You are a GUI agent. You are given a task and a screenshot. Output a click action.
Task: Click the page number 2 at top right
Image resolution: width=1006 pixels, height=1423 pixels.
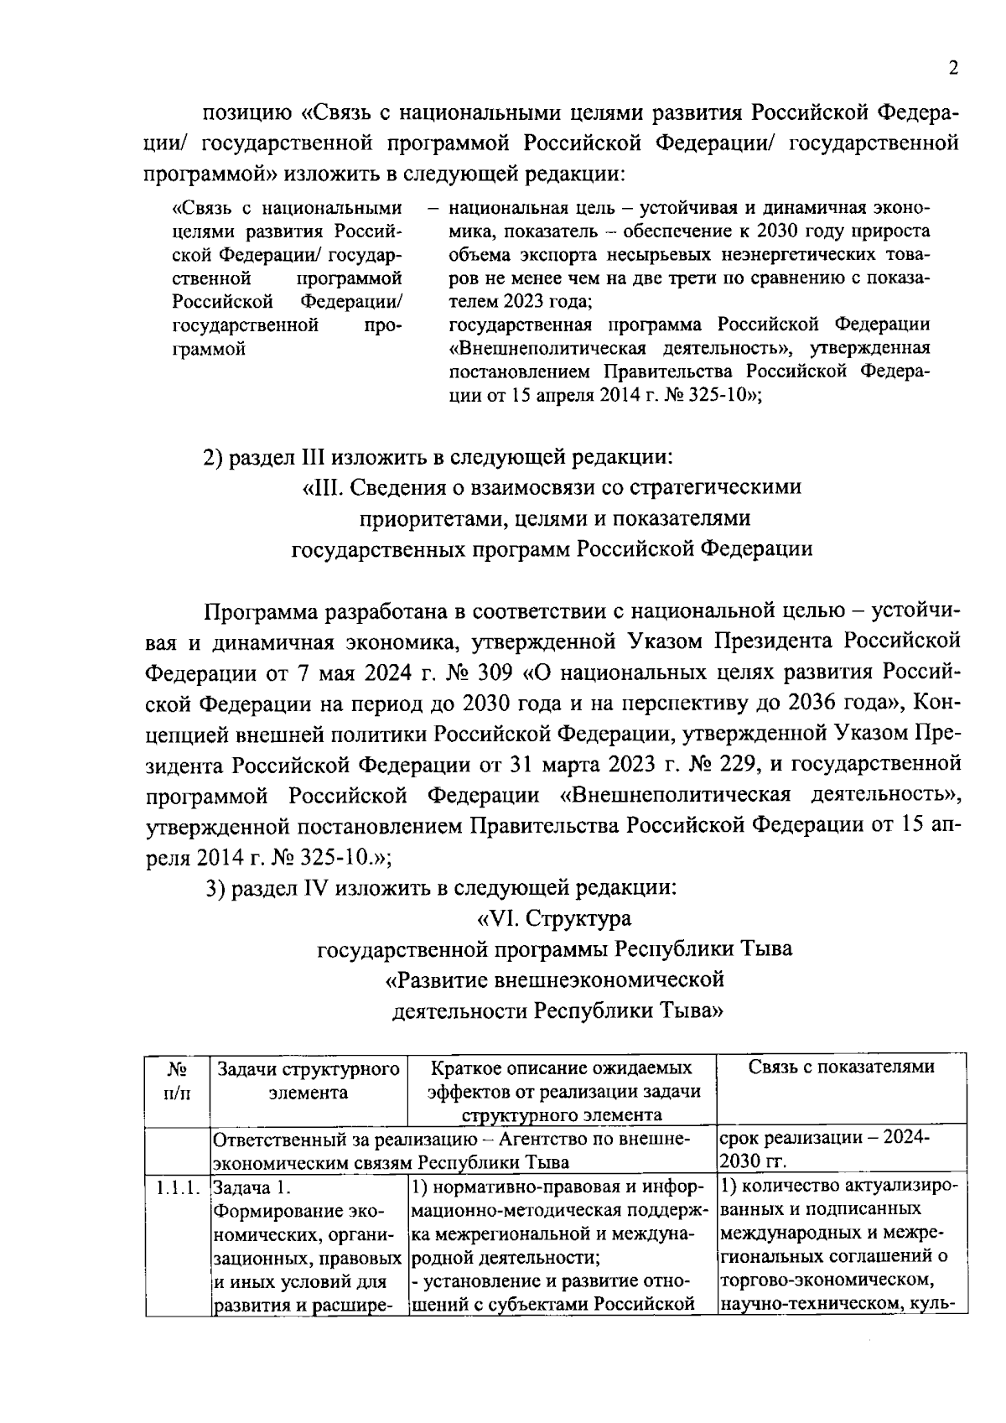953,70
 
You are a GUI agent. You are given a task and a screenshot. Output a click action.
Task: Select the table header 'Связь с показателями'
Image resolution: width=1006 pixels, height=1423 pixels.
841,1067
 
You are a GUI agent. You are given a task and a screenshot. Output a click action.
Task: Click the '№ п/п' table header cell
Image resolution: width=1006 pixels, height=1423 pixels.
177,1080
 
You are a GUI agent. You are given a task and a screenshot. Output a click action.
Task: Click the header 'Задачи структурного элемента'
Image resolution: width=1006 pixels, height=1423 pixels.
308,1080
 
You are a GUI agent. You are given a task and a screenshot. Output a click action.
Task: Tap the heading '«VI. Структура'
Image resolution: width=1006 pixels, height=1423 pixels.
554,918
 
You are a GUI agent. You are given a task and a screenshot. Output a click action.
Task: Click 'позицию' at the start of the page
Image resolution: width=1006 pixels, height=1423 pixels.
245,113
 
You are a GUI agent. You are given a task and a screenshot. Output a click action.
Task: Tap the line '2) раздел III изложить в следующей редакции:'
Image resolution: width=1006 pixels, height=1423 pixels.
438,458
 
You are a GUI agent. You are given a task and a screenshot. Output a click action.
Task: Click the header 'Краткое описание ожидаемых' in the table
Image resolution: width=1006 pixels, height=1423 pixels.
562,1067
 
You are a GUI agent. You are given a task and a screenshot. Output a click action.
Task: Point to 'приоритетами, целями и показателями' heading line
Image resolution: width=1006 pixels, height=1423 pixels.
554,518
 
